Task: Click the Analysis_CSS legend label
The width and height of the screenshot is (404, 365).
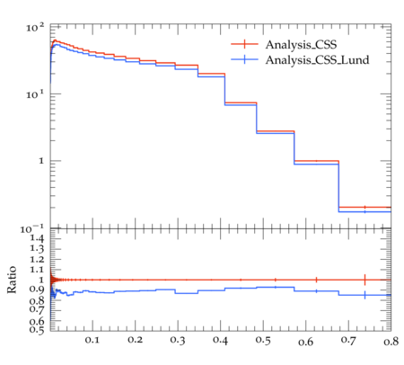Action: pyautogui.click(x=301, y=45)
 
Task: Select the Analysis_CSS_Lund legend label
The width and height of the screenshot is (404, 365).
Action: pyautogui.click(x=317, y=60)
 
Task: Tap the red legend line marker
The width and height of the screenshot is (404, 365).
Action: pyautogui.click(x=244, y=44)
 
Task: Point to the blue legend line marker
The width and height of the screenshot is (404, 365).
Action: pyautogui.click(x=244, y=59)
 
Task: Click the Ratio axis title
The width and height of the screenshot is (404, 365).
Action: pyautogui.click(x=12, y=280)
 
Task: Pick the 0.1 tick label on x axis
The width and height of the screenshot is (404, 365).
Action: pyautogui.click(x=92, y=340)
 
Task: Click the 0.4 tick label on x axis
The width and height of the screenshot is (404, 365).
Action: pyautogui.click(x=220, y=340)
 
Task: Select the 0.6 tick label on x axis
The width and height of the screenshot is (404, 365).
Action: pyautogui.click(x=306, y=342)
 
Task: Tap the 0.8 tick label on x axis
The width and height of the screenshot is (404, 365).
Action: pyautogui.click(x=391, y=342)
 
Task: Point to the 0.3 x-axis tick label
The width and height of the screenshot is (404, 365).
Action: pyautogui.click(x=178, y=340)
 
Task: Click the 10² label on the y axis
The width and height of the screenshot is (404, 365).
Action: pyautogui.click(x=35, y=28)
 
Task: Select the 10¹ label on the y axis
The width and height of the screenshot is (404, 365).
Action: pyautogui.click(x=35, y=95)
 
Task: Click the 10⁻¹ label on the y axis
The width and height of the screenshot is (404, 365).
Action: pyautogui.click(x=31, y=229)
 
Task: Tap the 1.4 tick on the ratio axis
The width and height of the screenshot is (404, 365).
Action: pyautogui.click(x=37, y=239)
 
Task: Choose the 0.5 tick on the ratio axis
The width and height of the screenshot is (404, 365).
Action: pyautogui.click(x=37, y=330)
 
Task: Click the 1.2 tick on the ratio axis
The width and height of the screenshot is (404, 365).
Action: pyautogui.click(x=37, y=260)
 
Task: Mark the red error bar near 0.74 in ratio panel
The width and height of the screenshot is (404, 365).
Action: pyautogui.click(x=364, y=280)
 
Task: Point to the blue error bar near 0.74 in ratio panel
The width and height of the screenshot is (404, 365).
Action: pyautogui.click(x=364, y=295)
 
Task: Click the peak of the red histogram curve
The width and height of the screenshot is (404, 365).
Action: pyautogui.click(x=55, y=40)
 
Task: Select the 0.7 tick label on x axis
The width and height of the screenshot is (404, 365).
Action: pyautogui.click(x=348, y=340)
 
